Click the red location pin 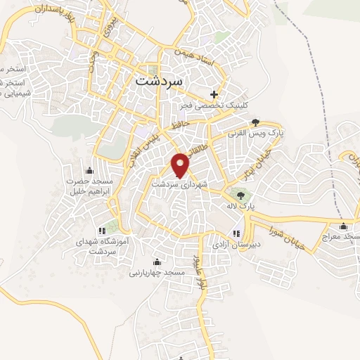(x=181, y=164)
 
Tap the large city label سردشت (x=157, y=81)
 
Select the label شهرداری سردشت (x=181, y=184)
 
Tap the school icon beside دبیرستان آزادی (x=236, y=233)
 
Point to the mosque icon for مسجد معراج (x=344, y=226)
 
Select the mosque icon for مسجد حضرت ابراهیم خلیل (x=89, y=171)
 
